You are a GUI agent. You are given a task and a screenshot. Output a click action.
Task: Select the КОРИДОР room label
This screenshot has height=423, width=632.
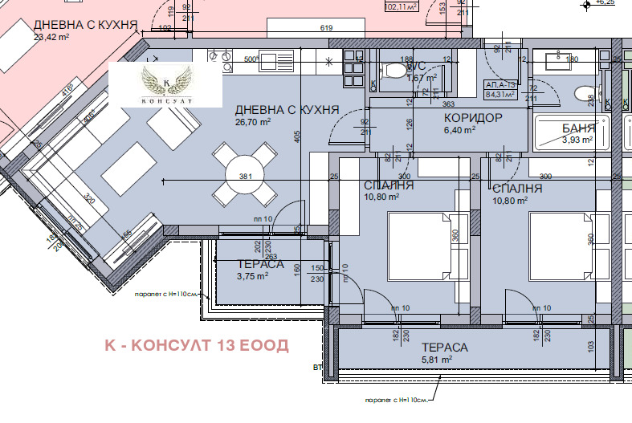[x=473, y=118]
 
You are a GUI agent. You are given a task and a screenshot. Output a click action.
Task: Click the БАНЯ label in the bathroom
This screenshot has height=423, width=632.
[x=578, y=128]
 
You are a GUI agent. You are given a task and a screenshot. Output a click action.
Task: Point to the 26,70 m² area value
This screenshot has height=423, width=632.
[x=253, y=122]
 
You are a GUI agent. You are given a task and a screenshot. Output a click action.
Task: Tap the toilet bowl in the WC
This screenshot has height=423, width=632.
[x=395, y=71]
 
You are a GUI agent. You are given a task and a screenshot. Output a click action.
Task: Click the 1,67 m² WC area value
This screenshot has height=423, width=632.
[x=422, y=79]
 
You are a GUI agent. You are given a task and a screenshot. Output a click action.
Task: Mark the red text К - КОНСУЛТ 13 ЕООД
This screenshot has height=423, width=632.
[x=197, y=345]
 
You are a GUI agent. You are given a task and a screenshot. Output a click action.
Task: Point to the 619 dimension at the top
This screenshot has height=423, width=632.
[x=326, y=28]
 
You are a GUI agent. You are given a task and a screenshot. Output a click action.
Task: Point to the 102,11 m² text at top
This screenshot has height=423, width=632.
[x=402, y=7]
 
